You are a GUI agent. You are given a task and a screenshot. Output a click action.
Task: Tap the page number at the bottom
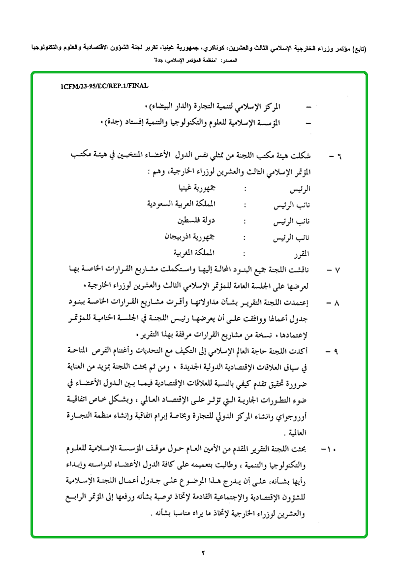pyautogui.click(x=202, y=553)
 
